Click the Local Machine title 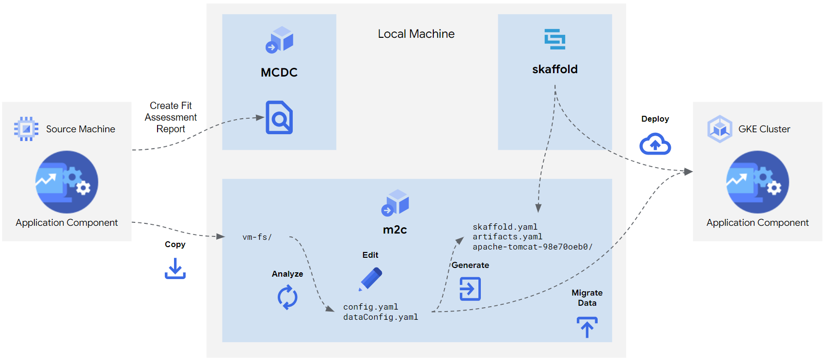click(416, 34)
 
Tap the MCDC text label click(279, 73)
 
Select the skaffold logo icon click(555, 39)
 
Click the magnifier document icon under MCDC click(279, 117)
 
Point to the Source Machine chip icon click(26, 129)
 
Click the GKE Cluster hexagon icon click(720, 129)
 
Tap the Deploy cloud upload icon click(655, 144)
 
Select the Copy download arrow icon click(175, 268)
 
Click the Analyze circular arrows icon click(287, 297)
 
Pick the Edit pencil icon click(371, 279)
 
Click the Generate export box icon click(470, 289)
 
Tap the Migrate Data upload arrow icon click(587, 327)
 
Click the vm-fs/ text click(257, 237)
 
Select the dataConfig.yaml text click(380, 317)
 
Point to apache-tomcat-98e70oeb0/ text click(532, 247)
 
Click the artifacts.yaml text click(507, 236)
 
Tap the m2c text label click(395, 230)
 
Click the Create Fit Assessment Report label click(171, 117)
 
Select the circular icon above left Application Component click(67, 182)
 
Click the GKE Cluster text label click(764, 129)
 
